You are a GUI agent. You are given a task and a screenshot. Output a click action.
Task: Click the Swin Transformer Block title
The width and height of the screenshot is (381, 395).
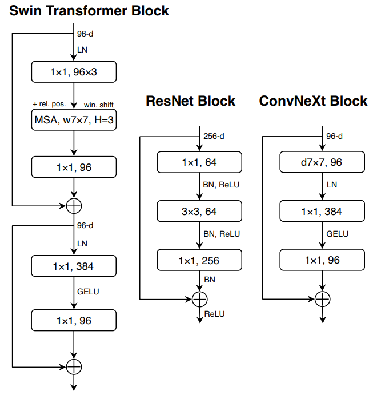89,11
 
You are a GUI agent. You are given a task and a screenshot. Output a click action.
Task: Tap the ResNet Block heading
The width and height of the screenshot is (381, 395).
191,101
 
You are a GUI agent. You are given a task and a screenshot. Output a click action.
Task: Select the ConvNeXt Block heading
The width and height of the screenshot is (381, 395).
313,101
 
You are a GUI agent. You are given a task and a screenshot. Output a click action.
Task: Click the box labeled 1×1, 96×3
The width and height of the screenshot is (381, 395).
74,71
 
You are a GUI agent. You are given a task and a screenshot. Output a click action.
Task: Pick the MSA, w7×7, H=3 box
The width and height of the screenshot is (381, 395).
74,120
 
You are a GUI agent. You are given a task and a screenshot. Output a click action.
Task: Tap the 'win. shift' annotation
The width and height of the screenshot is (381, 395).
98,105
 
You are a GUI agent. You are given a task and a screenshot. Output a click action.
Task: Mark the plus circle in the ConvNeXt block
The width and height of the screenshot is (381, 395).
322,298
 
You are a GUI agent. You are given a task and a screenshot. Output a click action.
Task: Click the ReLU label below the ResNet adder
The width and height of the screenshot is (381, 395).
213,314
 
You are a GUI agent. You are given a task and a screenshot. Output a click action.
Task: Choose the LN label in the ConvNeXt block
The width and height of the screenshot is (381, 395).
331,185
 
